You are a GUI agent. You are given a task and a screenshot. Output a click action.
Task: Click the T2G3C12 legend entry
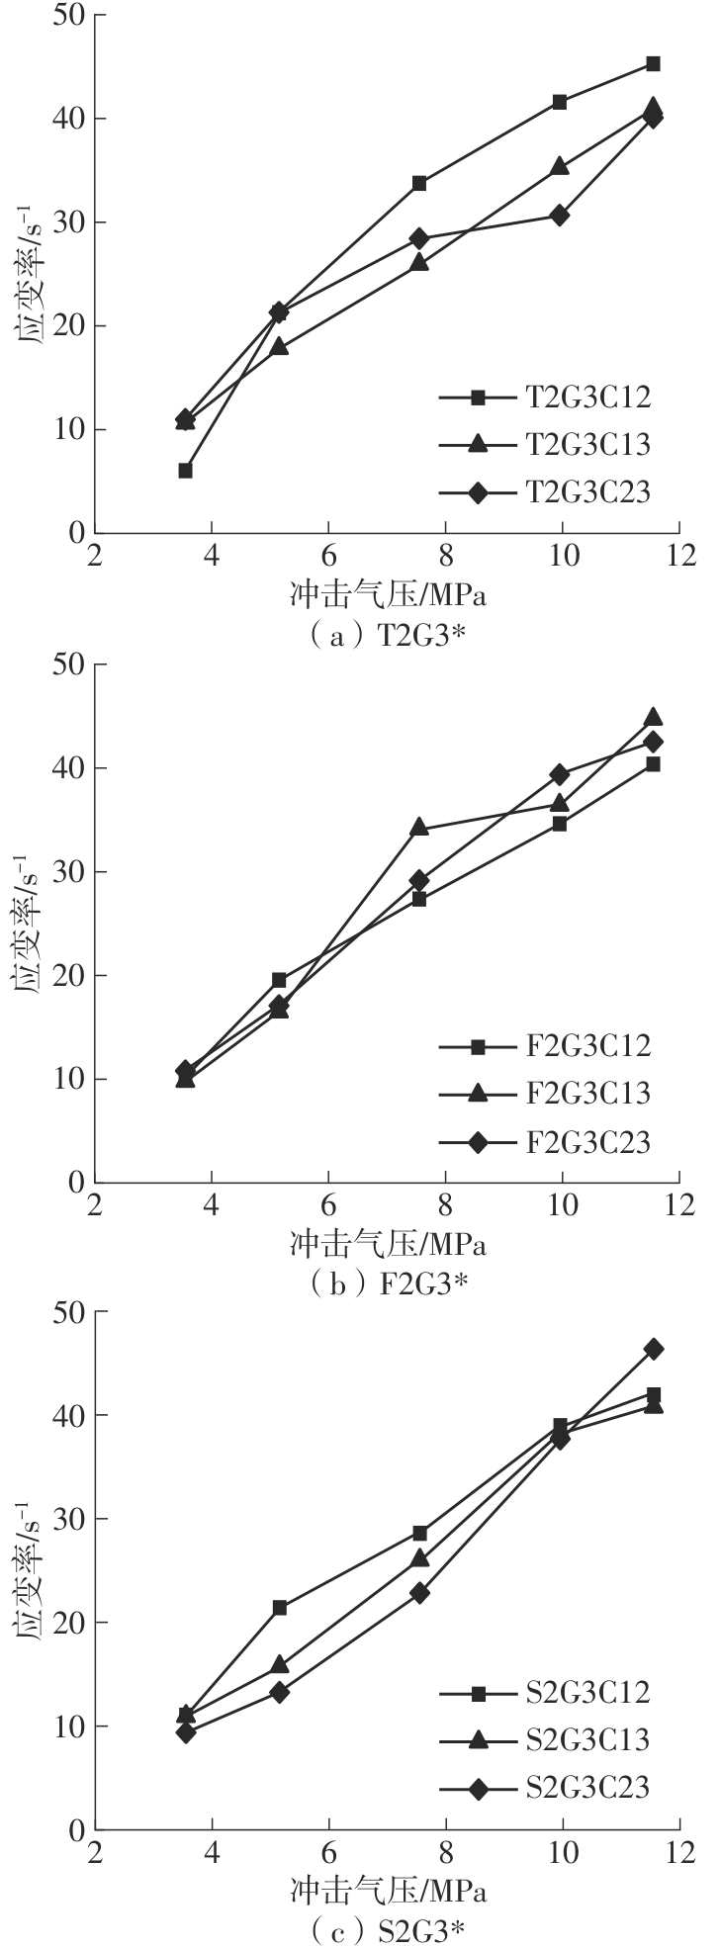(x=545, y=398)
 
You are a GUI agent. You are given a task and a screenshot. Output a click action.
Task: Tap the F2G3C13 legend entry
(x=545, y=1093)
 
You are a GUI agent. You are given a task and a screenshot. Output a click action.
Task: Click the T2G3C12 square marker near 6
(x=185, y=471)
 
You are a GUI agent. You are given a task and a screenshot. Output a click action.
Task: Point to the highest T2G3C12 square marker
(x=653, y=63)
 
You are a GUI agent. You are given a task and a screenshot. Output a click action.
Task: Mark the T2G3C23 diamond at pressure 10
(x=560, y=216)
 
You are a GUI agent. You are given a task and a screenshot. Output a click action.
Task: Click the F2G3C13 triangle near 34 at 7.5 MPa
(x=419, y=827)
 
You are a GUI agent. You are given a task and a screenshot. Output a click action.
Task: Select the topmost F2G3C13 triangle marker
(x=653, y=717)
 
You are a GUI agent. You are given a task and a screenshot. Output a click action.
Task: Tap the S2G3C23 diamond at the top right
(x=653, y=1349)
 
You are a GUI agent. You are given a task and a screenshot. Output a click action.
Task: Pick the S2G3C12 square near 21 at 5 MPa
(x=280, y=1608)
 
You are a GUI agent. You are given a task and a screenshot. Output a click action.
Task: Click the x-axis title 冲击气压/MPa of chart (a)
(x=389, y=597)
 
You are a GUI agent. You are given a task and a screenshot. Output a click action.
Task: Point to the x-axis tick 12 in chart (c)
(x=678, y=1854)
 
